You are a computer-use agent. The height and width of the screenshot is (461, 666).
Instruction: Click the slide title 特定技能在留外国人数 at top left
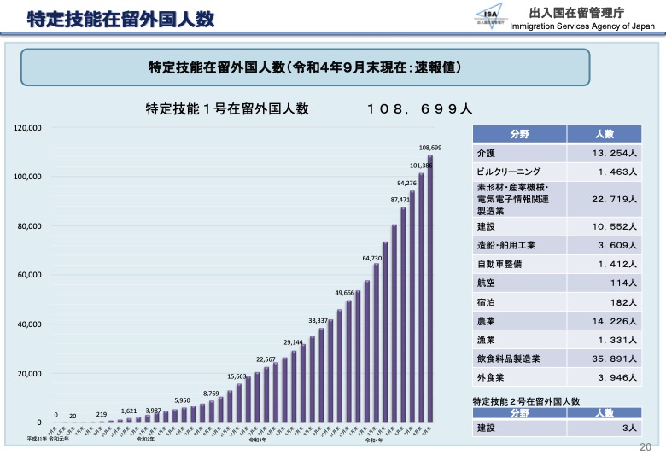120,19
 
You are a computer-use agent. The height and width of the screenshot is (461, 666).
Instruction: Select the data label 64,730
371,258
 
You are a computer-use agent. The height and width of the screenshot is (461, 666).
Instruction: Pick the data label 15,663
237,376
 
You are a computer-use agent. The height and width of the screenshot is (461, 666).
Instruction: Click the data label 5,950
183,400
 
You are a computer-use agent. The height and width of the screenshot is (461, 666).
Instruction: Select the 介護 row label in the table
486,153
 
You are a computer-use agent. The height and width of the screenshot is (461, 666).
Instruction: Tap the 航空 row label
486,283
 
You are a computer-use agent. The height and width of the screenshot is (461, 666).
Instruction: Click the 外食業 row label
490,376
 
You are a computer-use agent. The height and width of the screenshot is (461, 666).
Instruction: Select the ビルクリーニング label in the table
509,172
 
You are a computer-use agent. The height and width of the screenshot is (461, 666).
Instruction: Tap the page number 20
646,446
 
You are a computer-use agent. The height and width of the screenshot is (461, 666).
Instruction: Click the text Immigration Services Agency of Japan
581,26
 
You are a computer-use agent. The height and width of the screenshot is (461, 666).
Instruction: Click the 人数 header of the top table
605,134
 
